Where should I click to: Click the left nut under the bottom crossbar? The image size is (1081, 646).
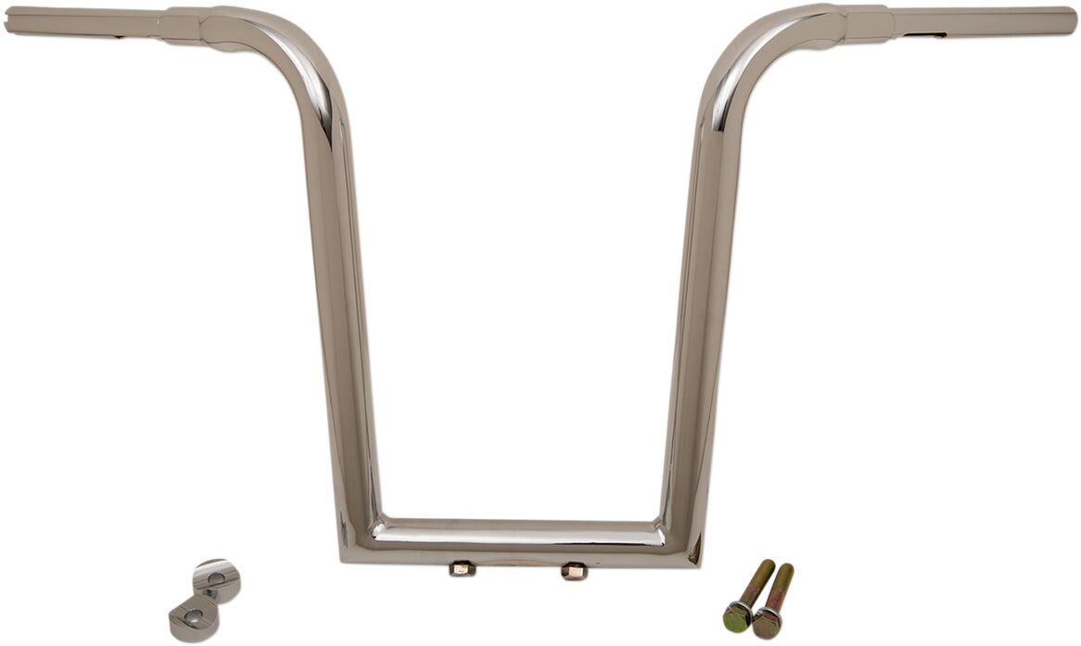[461, 568]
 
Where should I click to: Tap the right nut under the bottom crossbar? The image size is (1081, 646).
[573, 570]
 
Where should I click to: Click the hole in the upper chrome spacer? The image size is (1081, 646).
[215, 577]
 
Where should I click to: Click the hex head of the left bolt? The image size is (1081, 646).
[738, 615]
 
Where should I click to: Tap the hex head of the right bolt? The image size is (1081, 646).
[767, 621]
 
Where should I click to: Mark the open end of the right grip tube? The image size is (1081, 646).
[1073, 20]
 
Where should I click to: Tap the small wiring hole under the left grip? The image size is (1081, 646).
[118, 37]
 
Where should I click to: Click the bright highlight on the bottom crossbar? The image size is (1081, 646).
[519, 535]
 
